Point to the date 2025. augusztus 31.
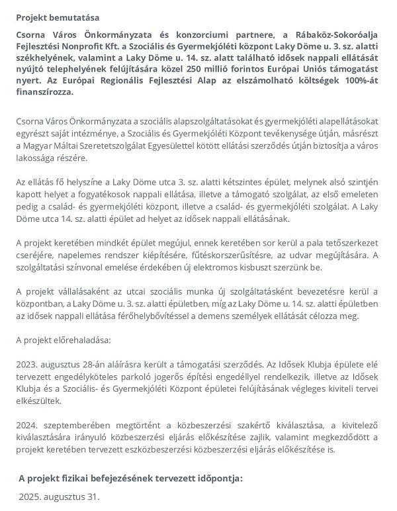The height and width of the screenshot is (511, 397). coord(59,495)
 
